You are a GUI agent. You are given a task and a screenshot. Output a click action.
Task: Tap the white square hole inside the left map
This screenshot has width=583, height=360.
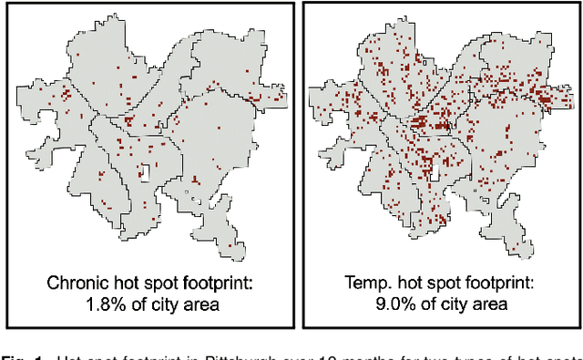144,170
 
